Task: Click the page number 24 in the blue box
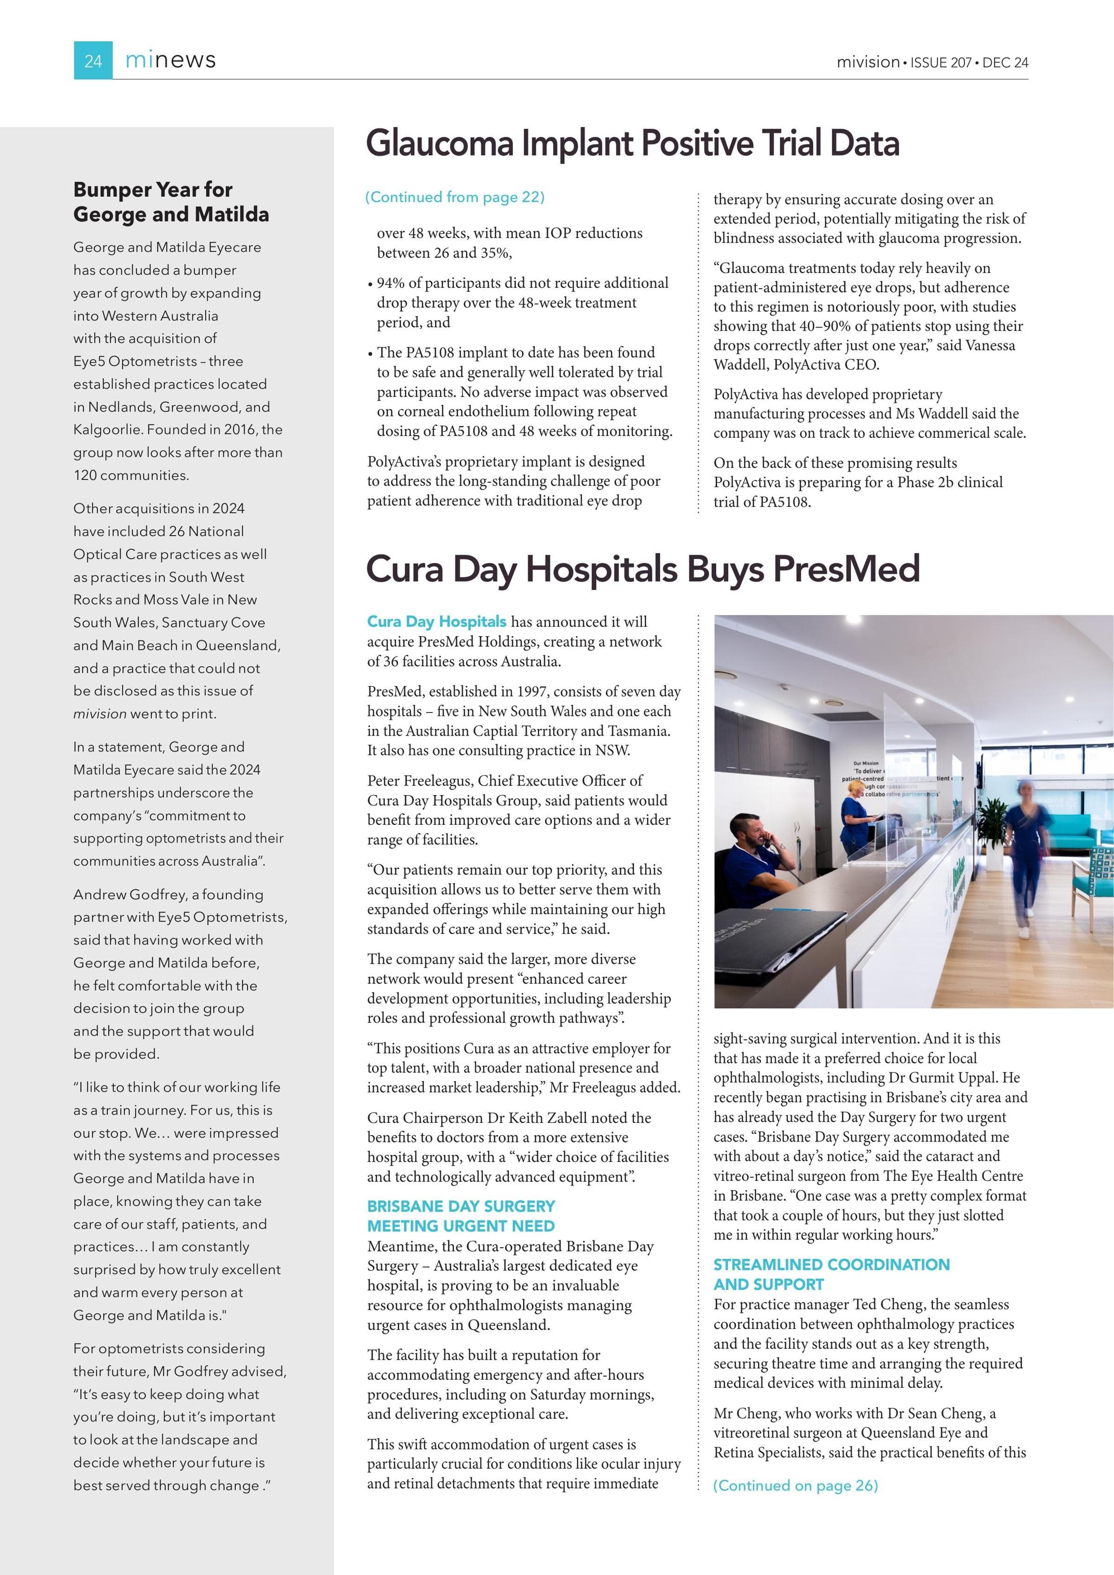pyautogui.click(x=93, y=61)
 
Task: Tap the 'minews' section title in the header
pyautogui.click(x=170, y=60)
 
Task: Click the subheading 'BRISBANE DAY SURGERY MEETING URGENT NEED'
pyautogui.click(x=461, y=1216)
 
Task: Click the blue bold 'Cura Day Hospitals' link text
pyautogui.click(x=436, y=622)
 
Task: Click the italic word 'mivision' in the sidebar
pyautogui.click(x=99, y=714)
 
